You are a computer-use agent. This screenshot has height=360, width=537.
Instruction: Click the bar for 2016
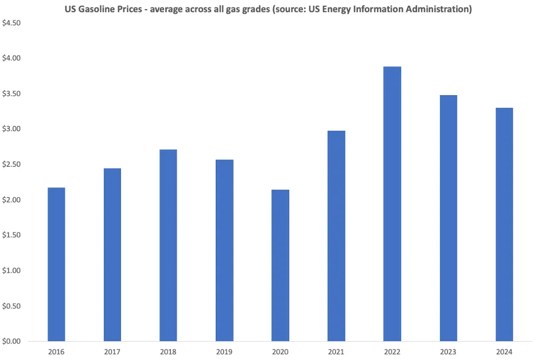pyautogui.click(x=56, y=264)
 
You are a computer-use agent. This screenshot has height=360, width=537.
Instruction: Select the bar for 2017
pyautogui.click(x=112, y=255)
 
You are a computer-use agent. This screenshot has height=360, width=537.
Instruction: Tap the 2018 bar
pyautogui.click(x=168, y=245)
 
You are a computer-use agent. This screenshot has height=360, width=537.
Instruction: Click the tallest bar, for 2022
pyautogui.click(x=392, y=204)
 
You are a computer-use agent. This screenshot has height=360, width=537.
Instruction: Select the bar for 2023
pyautogui.click(x=448, y=218)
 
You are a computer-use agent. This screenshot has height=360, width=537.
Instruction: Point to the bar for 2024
pyautogui.click(x=504, y=224)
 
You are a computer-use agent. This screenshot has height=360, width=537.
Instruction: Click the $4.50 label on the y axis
pyautogui.click(x=12, y=23)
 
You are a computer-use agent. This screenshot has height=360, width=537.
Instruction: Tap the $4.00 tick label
pyautogui.click(x=12, y=58)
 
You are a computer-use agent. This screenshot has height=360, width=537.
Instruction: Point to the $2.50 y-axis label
pyautogui.click(x=12, y=165)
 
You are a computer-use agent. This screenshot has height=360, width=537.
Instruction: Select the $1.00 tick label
pyautogui.click(x=12, y=271)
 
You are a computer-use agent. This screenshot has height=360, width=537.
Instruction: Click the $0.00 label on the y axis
pyautogui.click(x=12, y=342)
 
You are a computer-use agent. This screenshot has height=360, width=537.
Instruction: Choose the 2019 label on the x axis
pyautogui.click(x=224, y=351)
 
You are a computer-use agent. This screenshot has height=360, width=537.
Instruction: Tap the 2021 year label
pyautogui.click(x=336, y=351)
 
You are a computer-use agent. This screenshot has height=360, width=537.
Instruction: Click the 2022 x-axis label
pyautogui.click(x=392, y=351)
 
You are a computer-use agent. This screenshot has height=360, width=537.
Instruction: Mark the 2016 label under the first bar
pyautogui.click(x=56, y=351)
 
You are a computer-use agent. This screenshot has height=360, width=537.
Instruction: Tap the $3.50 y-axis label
pyautogui.click(x=12, y=94)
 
